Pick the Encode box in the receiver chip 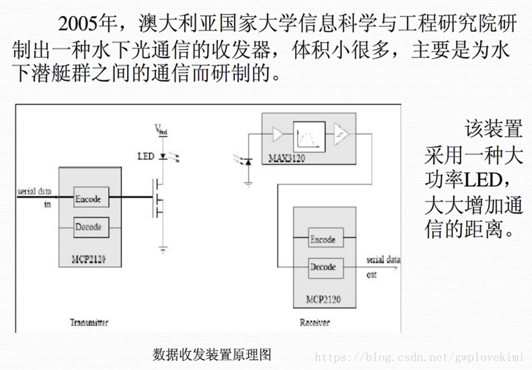323,239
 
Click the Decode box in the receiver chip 323,267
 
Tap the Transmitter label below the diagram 89,322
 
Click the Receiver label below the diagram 315,322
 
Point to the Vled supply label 161,130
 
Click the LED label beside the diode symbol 146,156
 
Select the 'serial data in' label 34,196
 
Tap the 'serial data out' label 383,267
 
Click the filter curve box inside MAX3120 309,135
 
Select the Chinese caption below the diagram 212,355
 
